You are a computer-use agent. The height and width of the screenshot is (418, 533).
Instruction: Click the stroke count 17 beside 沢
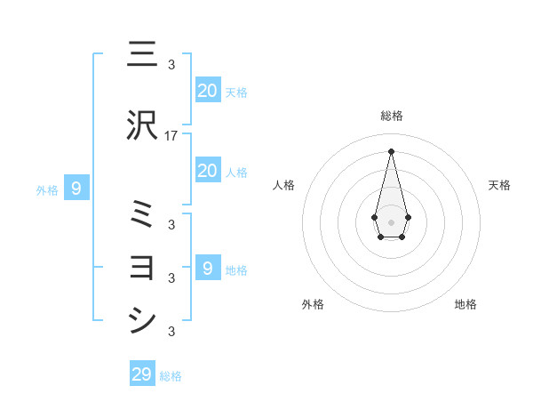(x=172, y=136)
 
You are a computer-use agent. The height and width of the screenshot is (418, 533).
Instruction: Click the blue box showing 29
(x=142, y=374)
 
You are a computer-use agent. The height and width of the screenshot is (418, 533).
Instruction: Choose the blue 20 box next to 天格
(x=207, y=90)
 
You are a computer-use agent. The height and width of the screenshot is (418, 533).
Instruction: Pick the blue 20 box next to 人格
(x=207, y=171)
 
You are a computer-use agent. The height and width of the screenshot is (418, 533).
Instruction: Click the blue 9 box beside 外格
(x=76, y=188)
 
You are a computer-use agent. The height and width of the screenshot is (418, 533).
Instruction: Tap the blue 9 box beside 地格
(x=207, y=268)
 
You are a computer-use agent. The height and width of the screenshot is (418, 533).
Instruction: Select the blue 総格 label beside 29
(x=171, y=376)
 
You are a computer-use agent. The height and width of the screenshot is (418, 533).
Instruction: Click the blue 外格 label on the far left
(x=46, y=189)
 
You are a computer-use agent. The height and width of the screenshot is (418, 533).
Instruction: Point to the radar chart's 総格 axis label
(x=391, y=116)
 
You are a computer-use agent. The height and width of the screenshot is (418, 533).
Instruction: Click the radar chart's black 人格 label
(x=284, y=185)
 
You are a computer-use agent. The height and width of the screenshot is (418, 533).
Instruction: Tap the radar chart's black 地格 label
(x=465, y=304)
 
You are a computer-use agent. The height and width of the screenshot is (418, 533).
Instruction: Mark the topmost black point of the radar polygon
(x=391, y=150)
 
